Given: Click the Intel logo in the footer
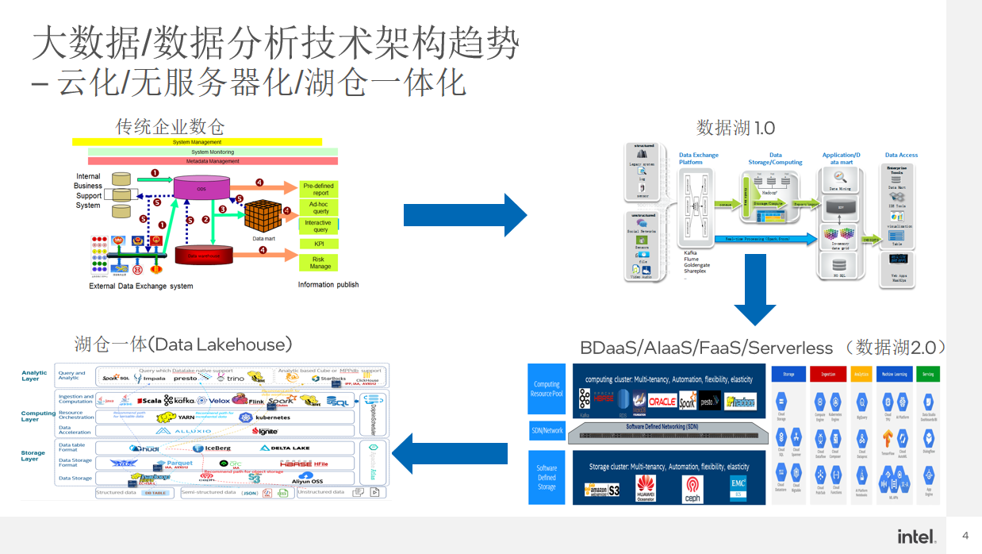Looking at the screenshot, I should point(916,536).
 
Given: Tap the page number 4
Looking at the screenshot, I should point(965,536).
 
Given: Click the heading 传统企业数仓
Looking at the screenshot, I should point(170,126).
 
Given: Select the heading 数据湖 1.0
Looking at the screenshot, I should point(735,127).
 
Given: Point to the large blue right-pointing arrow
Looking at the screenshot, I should point(465,215).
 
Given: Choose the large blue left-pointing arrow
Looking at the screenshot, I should point(450,453).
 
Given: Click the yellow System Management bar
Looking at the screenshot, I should point(197,142).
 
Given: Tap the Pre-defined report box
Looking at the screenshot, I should point(319,189).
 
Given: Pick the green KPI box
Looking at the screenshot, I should point(319,244).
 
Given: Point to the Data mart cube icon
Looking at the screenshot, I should point(263,216).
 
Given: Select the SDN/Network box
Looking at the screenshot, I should point(547,431).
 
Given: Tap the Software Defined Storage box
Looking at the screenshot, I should point(547,477).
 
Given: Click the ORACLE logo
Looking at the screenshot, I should point(662,402).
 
